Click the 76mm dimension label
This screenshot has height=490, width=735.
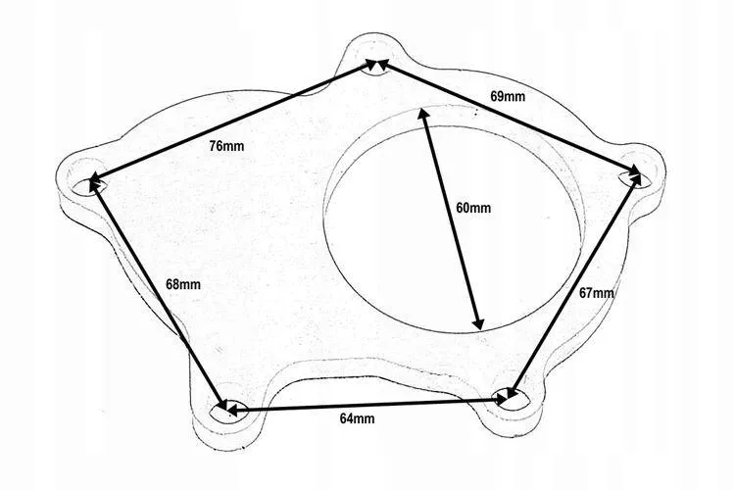click(226, 146)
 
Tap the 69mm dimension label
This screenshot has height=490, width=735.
click(508, 96)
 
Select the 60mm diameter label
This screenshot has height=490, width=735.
click(473, 207)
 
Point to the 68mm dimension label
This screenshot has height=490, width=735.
click(183, 284)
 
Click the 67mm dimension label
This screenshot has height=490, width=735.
click(596, 293)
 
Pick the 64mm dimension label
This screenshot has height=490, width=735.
click(357, 418)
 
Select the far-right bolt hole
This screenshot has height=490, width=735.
click(636, 178)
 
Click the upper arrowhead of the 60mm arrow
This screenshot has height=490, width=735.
click(422, 114)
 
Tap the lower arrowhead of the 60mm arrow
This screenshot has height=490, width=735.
click(478, 323)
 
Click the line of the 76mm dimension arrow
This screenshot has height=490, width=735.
click(233, 120)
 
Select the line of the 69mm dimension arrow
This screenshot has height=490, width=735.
click(509, 119)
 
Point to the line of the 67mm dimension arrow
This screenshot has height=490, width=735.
click(574, 285)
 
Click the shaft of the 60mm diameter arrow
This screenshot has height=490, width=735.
click(451, 219)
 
